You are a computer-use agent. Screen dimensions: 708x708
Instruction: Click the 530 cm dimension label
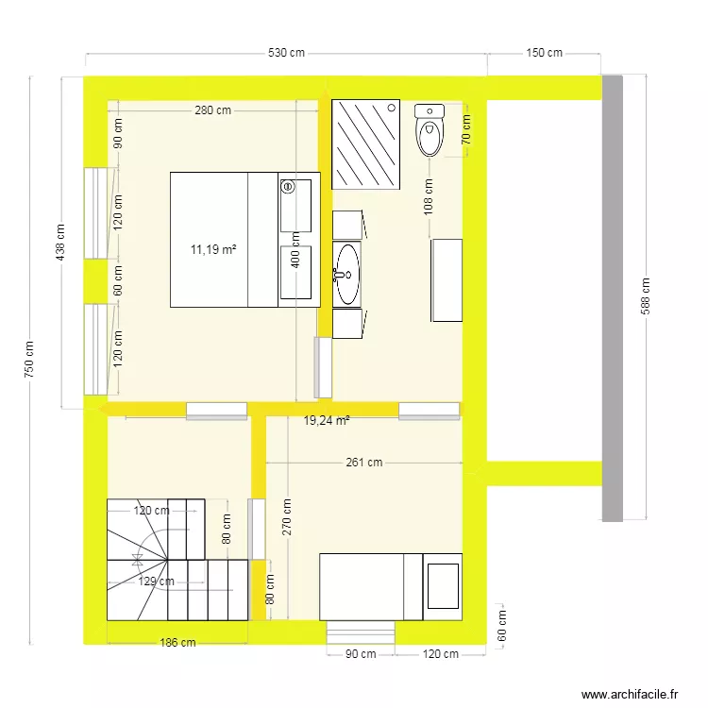point(286,54)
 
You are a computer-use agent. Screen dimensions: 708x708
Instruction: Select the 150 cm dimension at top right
point(544,54)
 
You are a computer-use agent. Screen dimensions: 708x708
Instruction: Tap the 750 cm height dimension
point(29,360)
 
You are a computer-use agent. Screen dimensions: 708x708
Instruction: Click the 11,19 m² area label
point(212,249)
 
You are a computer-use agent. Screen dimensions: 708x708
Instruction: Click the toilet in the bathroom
point(430,130)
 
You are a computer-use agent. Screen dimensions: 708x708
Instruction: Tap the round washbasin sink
point(347,275)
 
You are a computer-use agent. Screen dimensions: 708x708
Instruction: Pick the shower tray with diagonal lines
point(366,144)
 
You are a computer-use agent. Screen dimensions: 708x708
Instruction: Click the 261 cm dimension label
point(363,463)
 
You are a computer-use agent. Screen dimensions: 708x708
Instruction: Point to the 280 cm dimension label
point(212,110)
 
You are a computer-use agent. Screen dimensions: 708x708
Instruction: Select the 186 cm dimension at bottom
point(177,643)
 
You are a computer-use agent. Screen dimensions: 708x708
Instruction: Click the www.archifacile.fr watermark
point(630,694)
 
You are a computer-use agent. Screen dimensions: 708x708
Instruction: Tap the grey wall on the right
point(613,298)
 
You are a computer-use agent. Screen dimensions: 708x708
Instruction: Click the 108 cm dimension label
point(428,198)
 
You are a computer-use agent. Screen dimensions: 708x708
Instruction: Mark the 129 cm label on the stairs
point(154,581)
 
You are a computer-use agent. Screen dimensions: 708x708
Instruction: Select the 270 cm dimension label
point(286,517)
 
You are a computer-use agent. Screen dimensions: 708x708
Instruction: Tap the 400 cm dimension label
point(295,250)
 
